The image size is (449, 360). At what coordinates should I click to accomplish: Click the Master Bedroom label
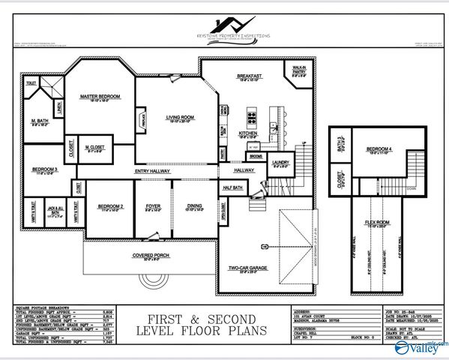coord(100,97)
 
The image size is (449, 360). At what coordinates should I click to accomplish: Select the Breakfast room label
coord(249,76)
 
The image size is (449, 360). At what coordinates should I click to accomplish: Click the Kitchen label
coord(248,133)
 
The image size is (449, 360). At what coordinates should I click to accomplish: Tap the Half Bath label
coord(232,187)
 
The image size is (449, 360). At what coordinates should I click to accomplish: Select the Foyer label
coord(153,205)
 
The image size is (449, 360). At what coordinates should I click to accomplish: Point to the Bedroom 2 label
coord(110,205)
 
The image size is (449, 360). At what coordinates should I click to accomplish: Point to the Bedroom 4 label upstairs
coord(379,149)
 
